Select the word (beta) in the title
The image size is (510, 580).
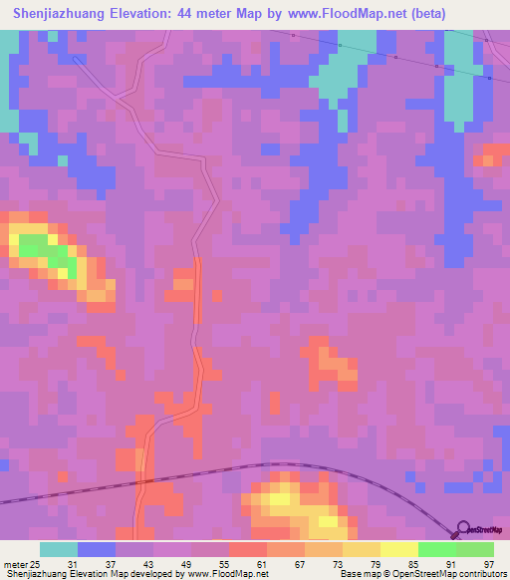[x=417, y=13]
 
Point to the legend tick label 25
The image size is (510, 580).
[x=35, y=564]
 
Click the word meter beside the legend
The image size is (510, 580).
[x=13, y=564]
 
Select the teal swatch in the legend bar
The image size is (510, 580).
[x=59, y=549]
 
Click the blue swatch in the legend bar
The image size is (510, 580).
[x=97, y=549]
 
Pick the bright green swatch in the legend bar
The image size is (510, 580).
[x=437, y=549]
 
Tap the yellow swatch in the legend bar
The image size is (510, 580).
[x=399, y=549]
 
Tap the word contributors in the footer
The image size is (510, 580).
[x=482, y=575]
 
